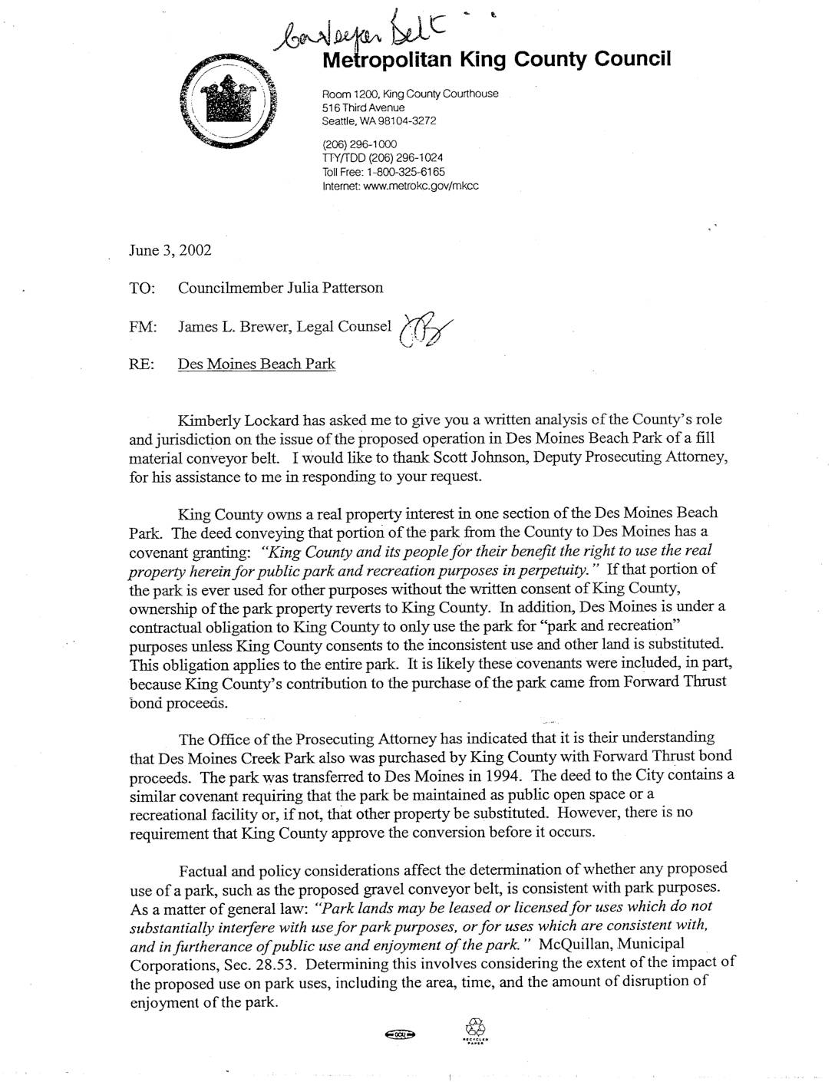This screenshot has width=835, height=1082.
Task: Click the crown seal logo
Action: [x=229, y=102]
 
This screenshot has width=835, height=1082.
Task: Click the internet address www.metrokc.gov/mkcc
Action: [x=401, y=186]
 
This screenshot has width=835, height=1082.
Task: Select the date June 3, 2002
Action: [x=170, y=250]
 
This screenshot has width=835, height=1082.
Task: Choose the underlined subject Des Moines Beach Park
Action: [x=256, y=364]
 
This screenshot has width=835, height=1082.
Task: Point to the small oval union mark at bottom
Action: [x=401, y=1035]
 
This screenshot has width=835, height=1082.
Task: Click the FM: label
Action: [x=144, y=327]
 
